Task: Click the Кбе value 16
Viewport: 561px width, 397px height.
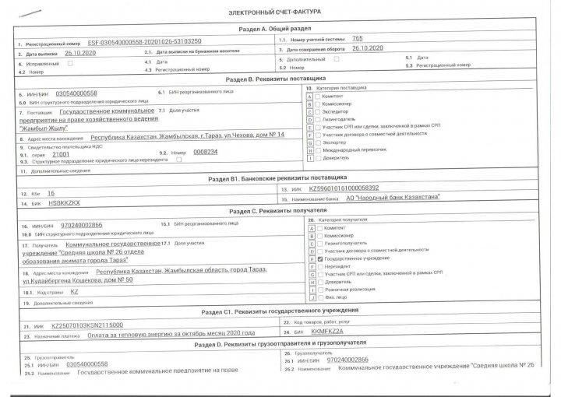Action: pos(51,192)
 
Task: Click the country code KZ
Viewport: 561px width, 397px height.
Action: pos(75,291)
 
